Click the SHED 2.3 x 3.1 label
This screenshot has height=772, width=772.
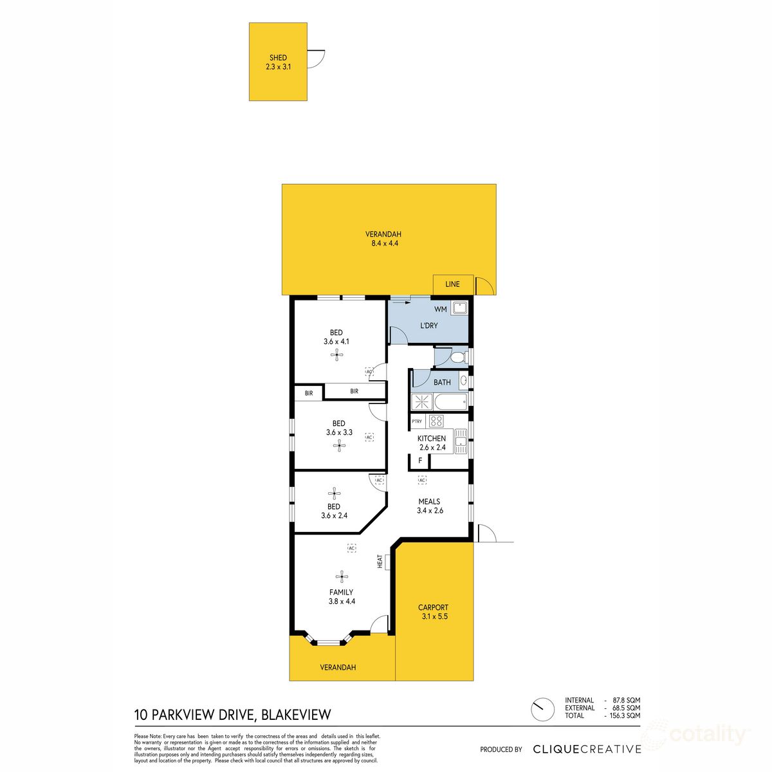[278, 62]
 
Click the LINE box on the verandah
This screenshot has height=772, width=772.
[452, 284]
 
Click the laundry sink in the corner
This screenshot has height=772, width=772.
[459, 308]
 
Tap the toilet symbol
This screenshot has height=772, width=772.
[458, 357]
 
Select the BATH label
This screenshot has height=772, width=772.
[442, 382]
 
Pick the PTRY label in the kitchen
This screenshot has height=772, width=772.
[418, 422]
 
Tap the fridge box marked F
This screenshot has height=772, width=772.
[420, 461]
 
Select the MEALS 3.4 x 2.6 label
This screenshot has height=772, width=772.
[429, 506]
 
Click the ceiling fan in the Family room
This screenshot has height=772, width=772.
[342, 576]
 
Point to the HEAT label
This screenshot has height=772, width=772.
[380, 562]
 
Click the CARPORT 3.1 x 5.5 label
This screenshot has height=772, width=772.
[433, 612]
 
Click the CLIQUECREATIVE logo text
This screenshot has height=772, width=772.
[587, 749]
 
